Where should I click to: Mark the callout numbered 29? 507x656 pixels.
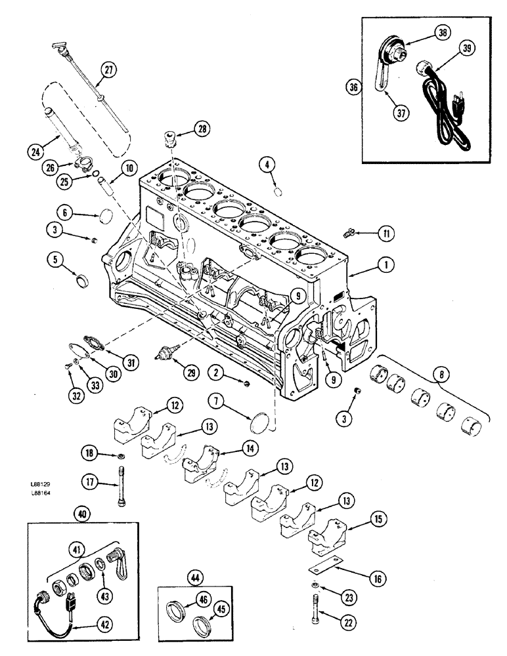[192, 373]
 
